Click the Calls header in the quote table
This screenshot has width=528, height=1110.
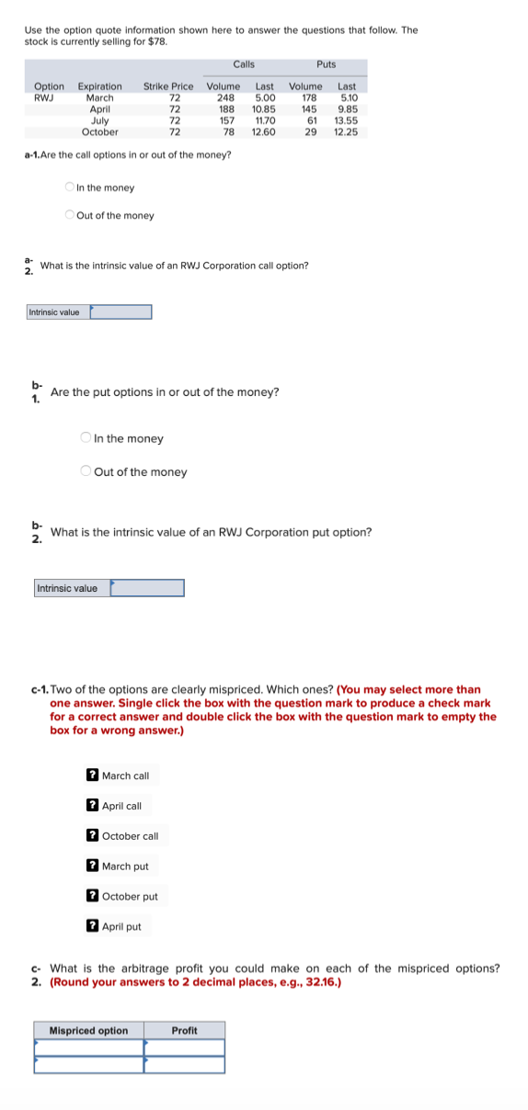pyautogui.click(x=243, y=64)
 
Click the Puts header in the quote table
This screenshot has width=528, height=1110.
pyautogui.click(x=326, y=64)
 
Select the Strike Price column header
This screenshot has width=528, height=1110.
pyautogui.click(x=168, y=86)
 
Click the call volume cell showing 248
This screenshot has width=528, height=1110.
pyautogui.click(x=224, y=97)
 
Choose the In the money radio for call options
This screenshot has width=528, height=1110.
pyautogui.click(x=70, y=187)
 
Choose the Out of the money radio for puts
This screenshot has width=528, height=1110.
pyautogui.click(x=86, y=471)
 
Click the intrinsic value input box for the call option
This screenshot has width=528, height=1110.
pyautogui.click(x=121, y=312)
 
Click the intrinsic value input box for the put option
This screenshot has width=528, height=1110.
pyautogui.click(x=147, y=588)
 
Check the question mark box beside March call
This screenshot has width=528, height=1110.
pyautogui.click(x=92, y=776)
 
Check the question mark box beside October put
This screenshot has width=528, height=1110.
pyautogui.click(x=92, y=896)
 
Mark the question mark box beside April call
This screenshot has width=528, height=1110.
pyautogui.click(x=92, y=806)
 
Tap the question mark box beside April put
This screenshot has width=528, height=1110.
pyautogui.click(x=92, y=926)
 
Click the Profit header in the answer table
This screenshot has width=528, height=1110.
pyautogui.click(x=184, y=1030)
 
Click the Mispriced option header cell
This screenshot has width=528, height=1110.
pyautogui.click(x=88, y=1030)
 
